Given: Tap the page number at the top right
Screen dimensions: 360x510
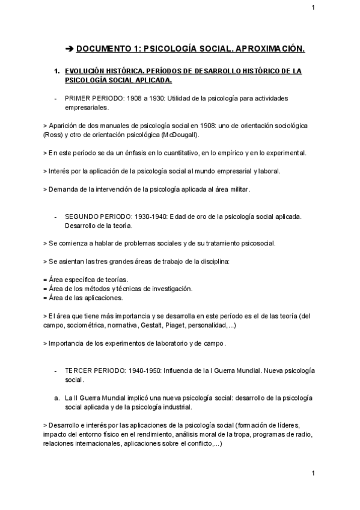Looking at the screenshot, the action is tap(313, 7).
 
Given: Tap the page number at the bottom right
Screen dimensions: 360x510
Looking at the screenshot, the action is tap(313, 474).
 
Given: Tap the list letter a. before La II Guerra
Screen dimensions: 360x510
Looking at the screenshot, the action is tap(56, 398).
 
